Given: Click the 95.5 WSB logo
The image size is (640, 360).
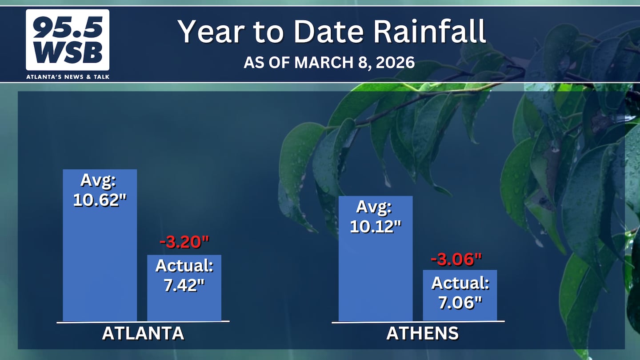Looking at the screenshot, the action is (68, 40).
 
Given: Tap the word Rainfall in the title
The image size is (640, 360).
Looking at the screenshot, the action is (430, 31).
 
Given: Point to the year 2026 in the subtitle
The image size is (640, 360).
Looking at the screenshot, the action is (395, 63).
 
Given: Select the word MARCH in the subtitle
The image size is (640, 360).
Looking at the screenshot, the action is (324, 63).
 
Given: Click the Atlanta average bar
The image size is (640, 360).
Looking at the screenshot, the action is (100, 245).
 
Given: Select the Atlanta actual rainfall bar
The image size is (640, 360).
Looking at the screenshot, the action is (184, 288).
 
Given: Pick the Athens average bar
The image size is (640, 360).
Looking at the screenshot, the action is (376, 259).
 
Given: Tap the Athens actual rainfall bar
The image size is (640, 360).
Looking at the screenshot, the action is (460, 296).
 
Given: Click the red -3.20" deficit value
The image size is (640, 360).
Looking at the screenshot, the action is (184, 242).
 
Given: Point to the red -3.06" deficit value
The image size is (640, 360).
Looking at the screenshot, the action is (456, 260).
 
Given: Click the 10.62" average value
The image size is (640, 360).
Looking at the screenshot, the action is (100, 200).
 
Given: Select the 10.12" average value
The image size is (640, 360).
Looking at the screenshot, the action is (376, 227).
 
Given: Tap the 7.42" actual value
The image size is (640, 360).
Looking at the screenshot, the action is (184, 285).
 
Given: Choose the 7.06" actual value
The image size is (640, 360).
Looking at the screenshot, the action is (460, 302).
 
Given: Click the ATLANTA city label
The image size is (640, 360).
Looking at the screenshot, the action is (143, 333).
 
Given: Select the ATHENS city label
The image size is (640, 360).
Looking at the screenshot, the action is (423, 333).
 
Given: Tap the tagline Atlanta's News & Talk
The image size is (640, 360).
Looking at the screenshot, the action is (68, 77).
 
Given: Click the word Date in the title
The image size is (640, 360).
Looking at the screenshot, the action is (328, 31).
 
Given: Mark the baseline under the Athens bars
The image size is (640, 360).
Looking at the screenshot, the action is (418, 322).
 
